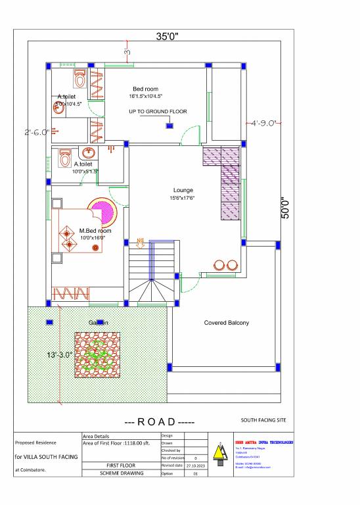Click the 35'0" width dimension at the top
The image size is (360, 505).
167,36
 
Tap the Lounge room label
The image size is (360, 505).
183,190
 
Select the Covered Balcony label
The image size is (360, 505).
226,323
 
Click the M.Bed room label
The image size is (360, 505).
95,231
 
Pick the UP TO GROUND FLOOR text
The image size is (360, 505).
158,112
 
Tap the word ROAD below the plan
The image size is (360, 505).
157,421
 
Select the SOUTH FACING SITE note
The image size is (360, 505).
263,420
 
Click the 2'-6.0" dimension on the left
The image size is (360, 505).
37,132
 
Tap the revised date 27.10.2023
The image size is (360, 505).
196,464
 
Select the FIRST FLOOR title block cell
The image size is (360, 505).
120,465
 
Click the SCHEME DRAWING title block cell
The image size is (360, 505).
120,472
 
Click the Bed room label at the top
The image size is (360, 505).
145,89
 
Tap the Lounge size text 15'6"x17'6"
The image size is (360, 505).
183,198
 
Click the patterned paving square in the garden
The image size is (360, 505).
97,355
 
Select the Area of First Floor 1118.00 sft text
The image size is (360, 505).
116,444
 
